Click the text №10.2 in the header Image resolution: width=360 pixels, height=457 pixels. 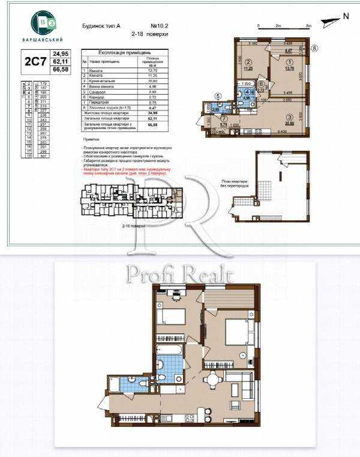tap(158, 26)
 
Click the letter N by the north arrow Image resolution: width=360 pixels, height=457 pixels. tap(345, 17)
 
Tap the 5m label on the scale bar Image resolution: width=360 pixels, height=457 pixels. tap(308, 26)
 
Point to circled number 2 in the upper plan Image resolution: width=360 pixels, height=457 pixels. tap(247, 61)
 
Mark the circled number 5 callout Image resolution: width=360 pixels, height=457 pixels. tap(218, 95)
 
